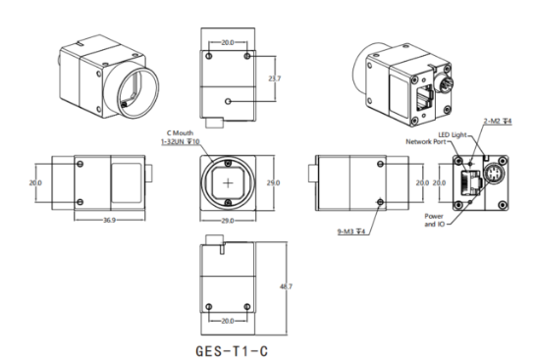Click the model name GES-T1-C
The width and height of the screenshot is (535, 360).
pyautogui.click(x=232, y=351)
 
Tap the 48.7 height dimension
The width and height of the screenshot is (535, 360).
pyautogui.click(x=286, y=286)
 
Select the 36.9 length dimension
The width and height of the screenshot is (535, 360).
pyautogui.click(x=109, y=221)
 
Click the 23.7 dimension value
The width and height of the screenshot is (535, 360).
pyautogui.click(x=274, y=78)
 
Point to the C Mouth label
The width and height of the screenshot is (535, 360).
pyautogui.click(x=180, y=133)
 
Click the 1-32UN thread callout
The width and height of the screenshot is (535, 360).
pyautogui.click(x=181, y=141)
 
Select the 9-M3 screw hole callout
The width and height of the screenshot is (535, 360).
pyautogui.click(x=351, y=231)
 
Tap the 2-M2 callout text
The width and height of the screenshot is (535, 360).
pyautogui.click(x=498, y=121)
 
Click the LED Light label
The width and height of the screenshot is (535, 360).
pyautogui.click(x=453, y=135)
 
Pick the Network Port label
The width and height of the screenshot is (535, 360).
pyautogui.click(x=426, y=141)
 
